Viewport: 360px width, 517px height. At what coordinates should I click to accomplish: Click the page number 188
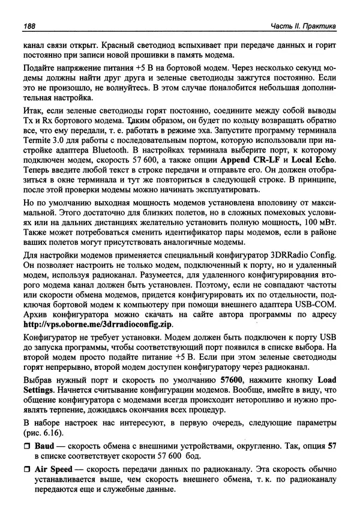click(x=29, y=26)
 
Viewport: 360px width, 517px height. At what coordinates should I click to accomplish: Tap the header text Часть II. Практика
click(x=304, y=26)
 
